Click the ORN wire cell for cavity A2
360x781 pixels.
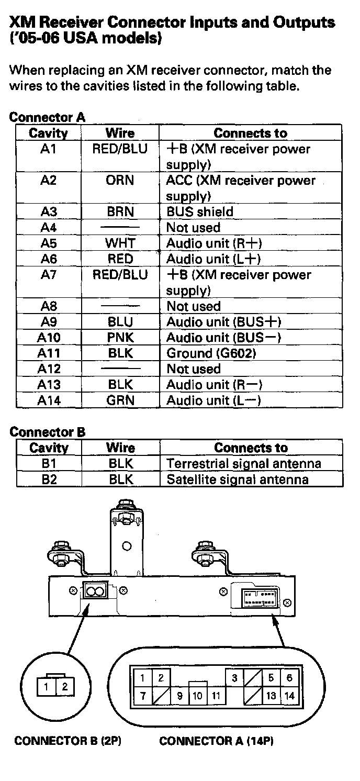[x=120, y=181]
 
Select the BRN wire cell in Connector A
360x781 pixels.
[x=120, y=212]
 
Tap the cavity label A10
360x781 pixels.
[x=49, y=338]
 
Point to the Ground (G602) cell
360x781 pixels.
[x=211, y=353]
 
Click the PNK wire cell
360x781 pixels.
[x=120, y=338]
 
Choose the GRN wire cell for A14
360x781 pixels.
[x=120, y=400]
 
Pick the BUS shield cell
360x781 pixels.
[x=200, y=212]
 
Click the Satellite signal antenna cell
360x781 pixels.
[x=238, y=479]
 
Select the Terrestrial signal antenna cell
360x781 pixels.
[x=244, y=464]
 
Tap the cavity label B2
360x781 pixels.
[x=49, y=479]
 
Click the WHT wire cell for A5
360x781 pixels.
[x=120, y=243]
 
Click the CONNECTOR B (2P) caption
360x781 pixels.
[x=68, y=741]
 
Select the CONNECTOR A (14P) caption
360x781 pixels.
[x=217, y=741]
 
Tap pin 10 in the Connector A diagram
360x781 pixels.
[x=197, y=696]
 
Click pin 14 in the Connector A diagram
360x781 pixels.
[x=289, y=696]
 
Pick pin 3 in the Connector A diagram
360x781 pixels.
[x=234, y=678]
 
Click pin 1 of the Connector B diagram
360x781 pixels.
[x=47, y=687]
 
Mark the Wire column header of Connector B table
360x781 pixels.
[x=120, y=448]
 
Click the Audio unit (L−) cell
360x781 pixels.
[x=213, y=400]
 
